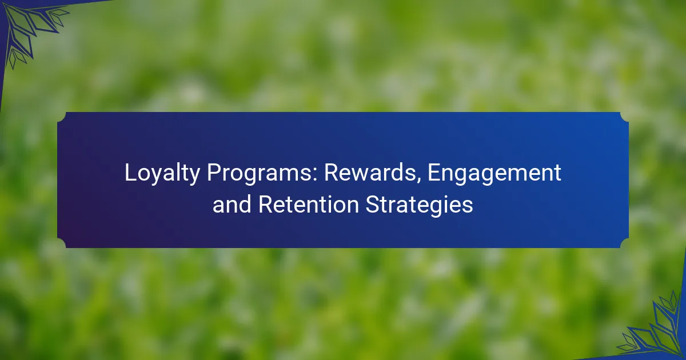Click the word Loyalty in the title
pos(162,174)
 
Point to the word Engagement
pos(494,174)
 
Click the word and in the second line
pos(232,204)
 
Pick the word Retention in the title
pos(309,204)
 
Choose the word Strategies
pos(420,205)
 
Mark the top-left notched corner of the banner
pos(62,117)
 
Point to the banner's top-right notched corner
pos(624,117)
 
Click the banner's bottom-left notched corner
pos(62,243)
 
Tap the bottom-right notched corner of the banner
pos(624,243)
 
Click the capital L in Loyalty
pos(130,173)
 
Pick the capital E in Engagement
pos(434,173)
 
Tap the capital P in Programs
pos(214,173)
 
